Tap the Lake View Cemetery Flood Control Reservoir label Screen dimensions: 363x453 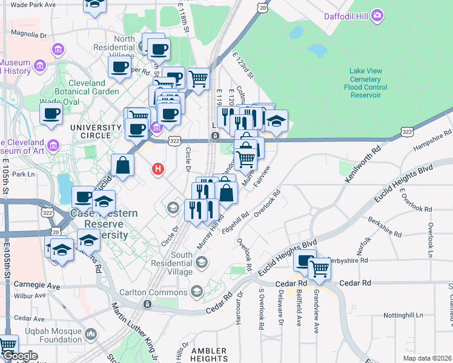pos(365,83)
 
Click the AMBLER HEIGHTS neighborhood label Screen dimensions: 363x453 pos(209,355)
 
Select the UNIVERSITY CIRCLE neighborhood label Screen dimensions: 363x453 pos(96,128)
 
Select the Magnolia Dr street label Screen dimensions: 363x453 pos(25,34)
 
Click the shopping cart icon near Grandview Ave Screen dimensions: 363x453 pos(319,269)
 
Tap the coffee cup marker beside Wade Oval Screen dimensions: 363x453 pos(51,113)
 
